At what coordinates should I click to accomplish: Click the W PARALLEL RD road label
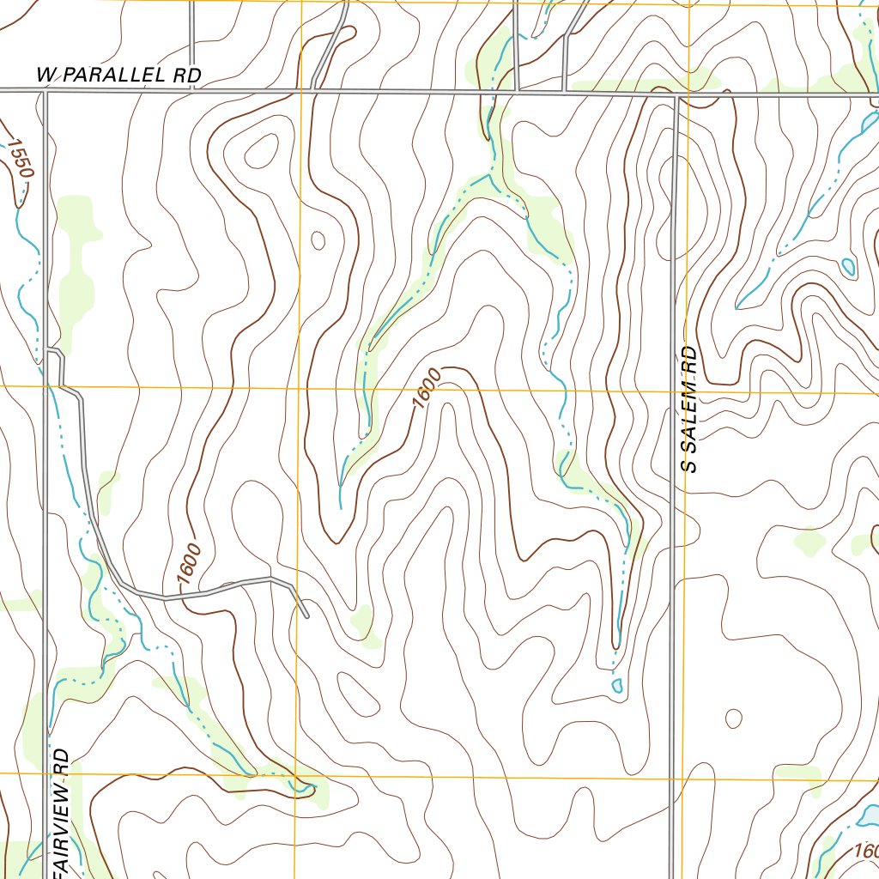[119, 76]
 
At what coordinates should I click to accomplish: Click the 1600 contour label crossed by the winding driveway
[190, 564]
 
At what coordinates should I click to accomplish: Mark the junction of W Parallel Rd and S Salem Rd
[676, 94]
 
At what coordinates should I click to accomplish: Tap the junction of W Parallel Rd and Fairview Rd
[45, 90]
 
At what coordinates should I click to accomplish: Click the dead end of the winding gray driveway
[306, 615]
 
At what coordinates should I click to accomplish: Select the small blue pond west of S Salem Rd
[616, 685]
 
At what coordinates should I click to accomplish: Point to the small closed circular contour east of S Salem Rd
[734, 718]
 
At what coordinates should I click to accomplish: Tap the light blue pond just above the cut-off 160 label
[869, 812]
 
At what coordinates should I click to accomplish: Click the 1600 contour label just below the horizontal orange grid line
[426, 388]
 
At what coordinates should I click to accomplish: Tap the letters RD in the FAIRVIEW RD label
[61, 762]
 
